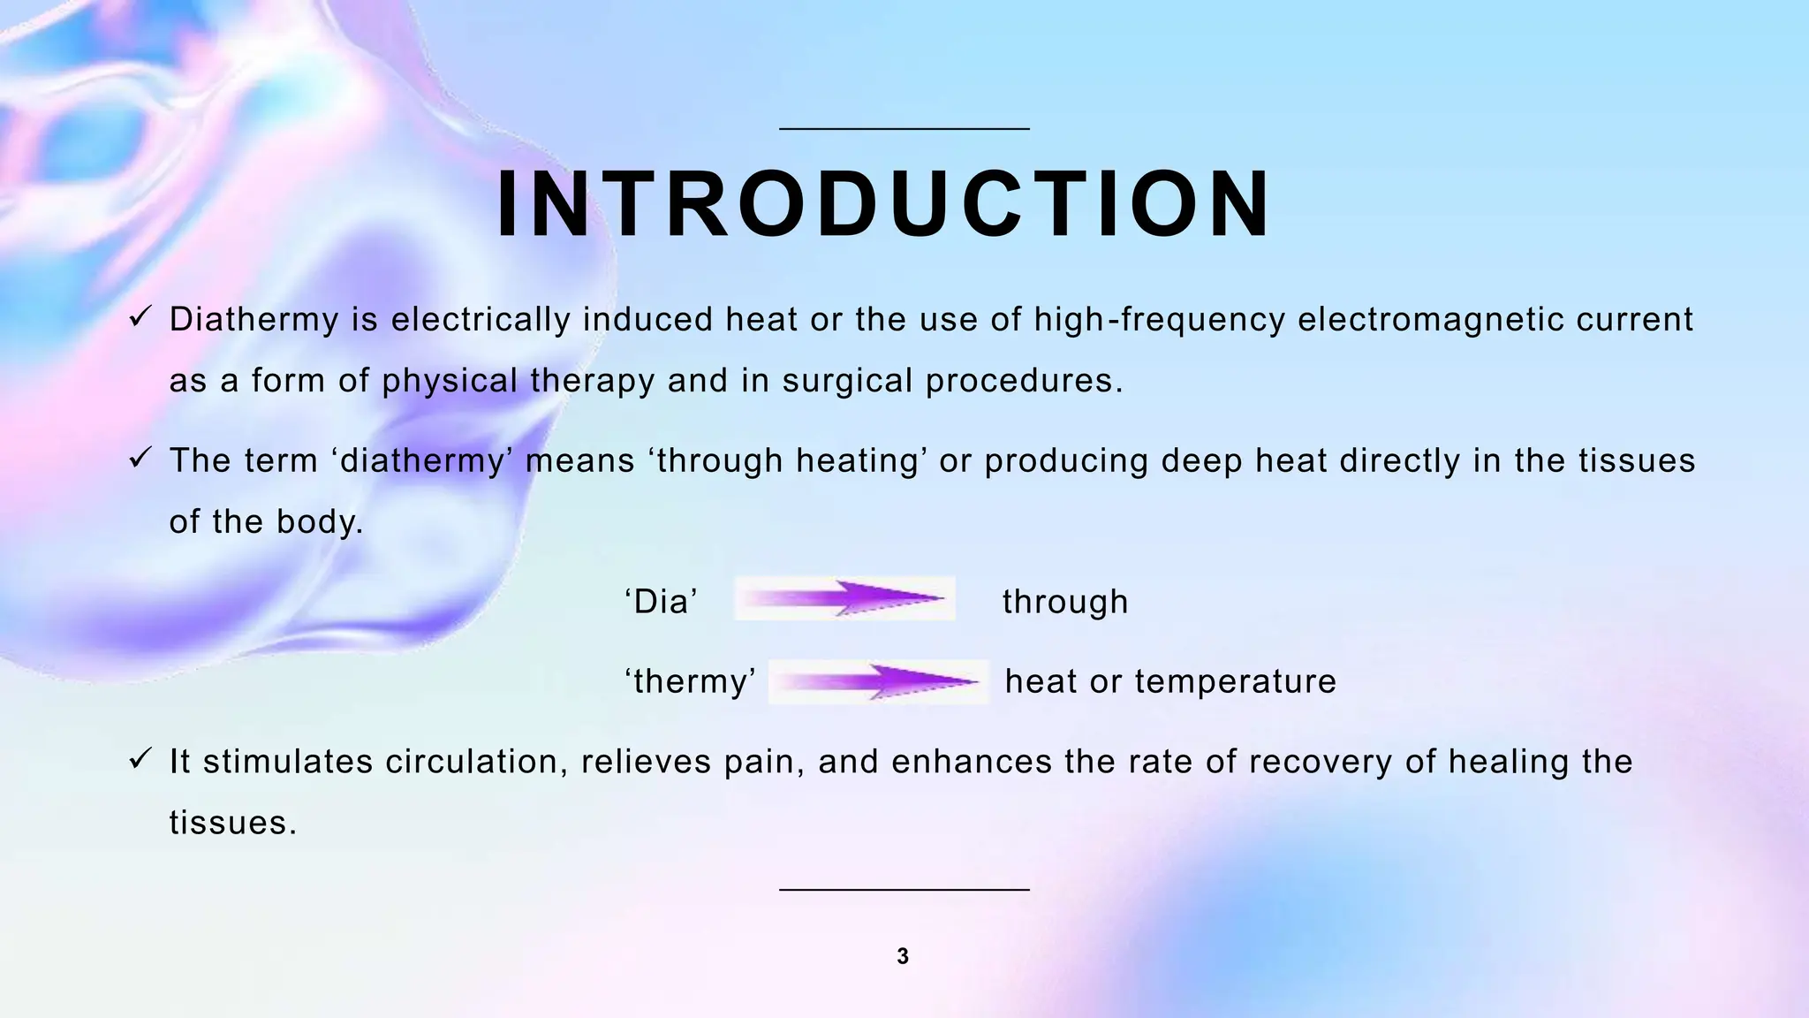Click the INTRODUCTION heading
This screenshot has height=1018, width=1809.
coord(883,205)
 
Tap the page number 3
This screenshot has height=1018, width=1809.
coord(903,956)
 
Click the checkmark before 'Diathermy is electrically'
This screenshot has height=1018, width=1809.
coord(141,316)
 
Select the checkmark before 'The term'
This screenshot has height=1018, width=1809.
coord(141,458)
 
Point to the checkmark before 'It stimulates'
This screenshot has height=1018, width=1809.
coord(141,758)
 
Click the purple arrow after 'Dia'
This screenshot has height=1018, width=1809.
coord(844,598)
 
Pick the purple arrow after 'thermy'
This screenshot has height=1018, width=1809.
coord(879,681)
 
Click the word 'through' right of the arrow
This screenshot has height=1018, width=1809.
coord(1065,603)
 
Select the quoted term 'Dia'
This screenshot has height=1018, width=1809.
coord(662,603)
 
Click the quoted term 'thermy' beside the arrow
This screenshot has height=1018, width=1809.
coord(690,682)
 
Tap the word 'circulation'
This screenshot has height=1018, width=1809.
coord(477,762)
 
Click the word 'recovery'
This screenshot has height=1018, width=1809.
coord(1321,762)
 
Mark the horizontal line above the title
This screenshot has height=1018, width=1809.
coord(904,129)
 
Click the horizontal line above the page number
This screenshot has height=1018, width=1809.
coord(904,889)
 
